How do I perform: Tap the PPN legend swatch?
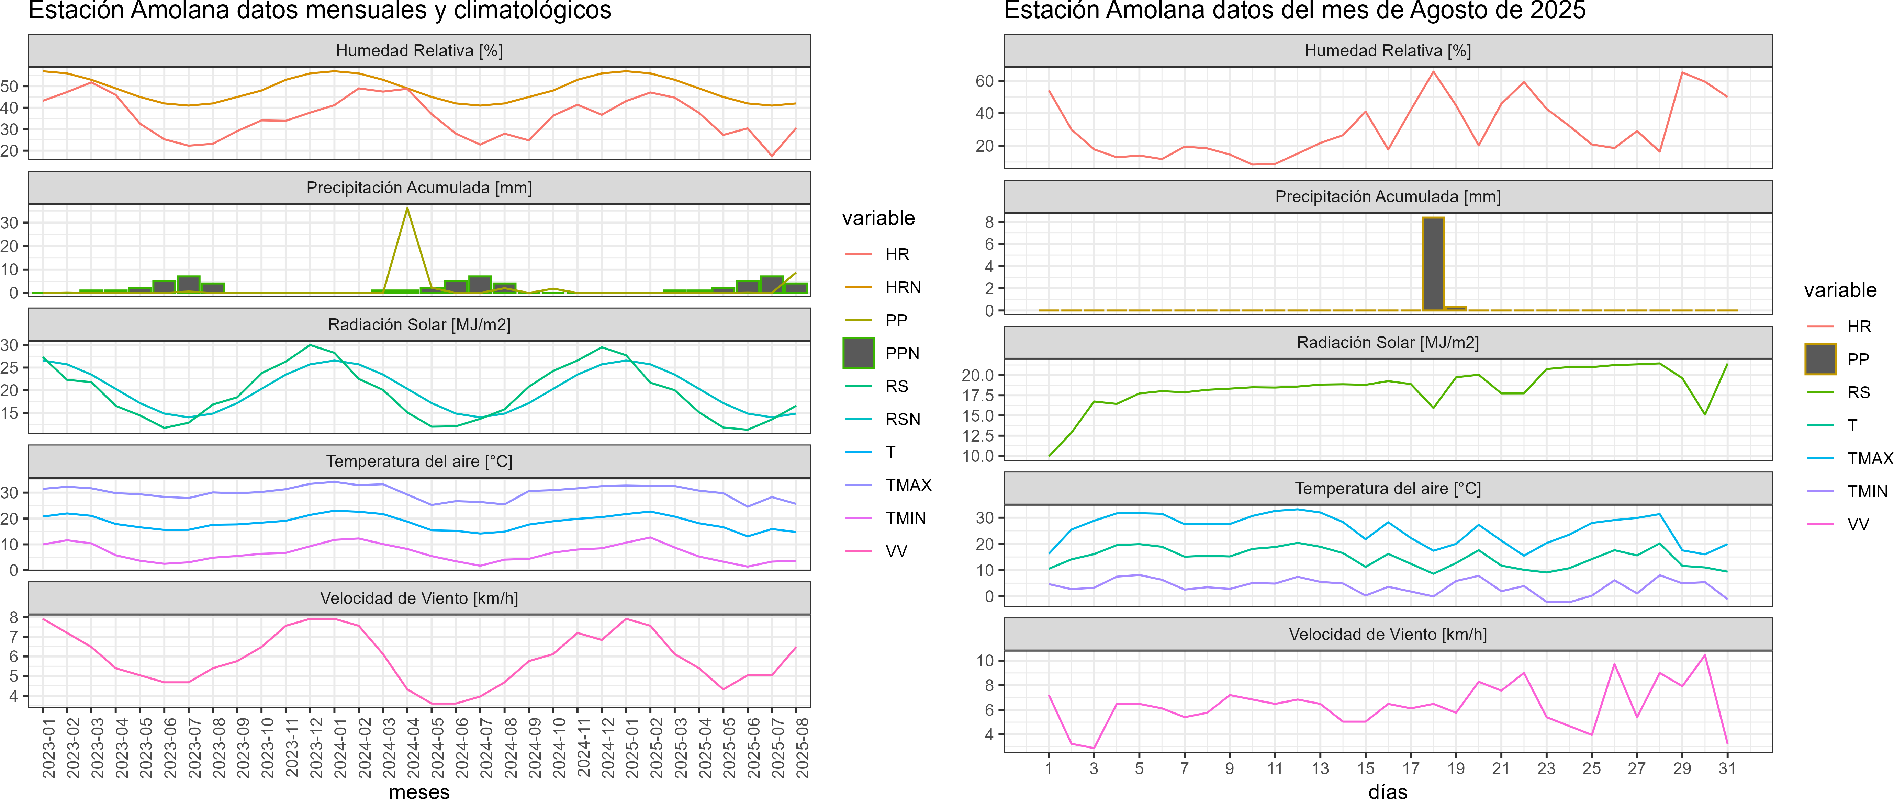pos(858,353)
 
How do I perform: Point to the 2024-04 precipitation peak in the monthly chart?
pos(407,209)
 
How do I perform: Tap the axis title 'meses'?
pos(419,791)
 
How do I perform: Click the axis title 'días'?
pos(1387,791)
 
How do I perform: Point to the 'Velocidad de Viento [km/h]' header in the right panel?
pos(1387,634)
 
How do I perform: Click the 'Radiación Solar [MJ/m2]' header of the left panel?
pos(419,325)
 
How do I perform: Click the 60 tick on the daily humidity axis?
pos(985,81)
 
